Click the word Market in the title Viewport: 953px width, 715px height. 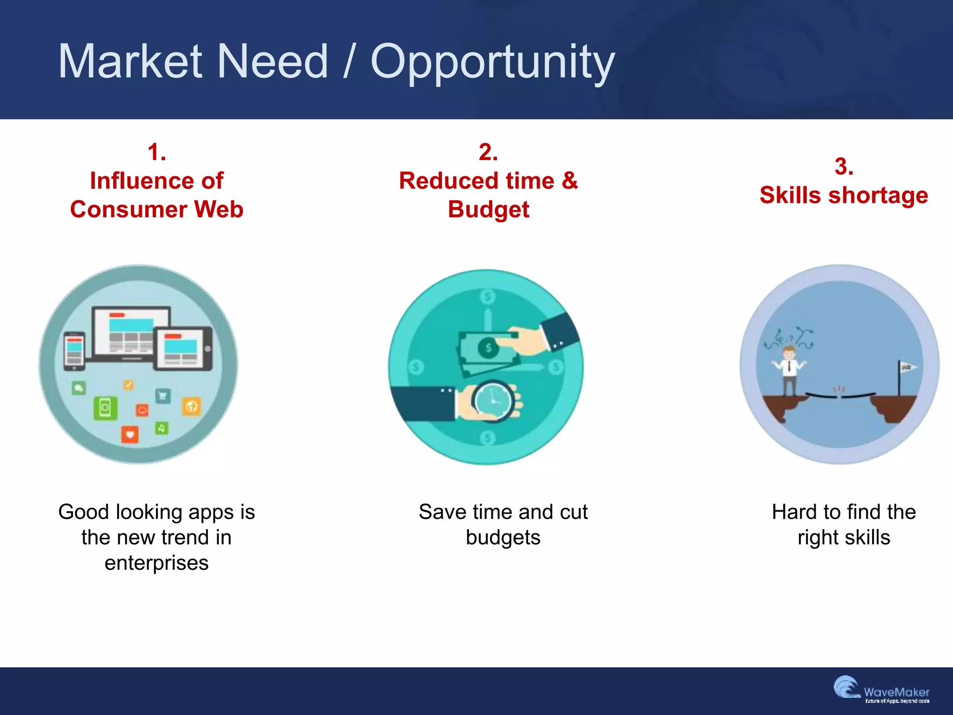pos(130,61)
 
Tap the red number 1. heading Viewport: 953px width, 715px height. pos(157,152)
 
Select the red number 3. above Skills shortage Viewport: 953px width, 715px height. pos(844,167)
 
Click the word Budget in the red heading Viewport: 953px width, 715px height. pos(488,209)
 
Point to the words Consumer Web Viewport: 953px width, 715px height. pos(157,209)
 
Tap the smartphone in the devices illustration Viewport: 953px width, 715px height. pos(74,351)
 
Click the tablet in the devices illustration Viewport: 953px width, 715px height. pos(183,349)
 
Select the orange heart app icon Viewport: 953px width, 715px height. pos(130,435)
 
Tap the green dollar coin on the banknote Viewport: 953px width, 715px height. pos(488,347)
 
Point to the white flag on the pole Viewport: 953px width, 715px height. pos(908,367)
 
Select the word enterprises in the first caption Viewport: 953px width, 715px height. pos(156,563)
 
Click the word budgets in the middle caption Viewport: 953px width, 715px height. pos(503,538)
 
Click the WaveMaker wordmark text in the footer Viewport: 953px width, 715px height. pos(896,692)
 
